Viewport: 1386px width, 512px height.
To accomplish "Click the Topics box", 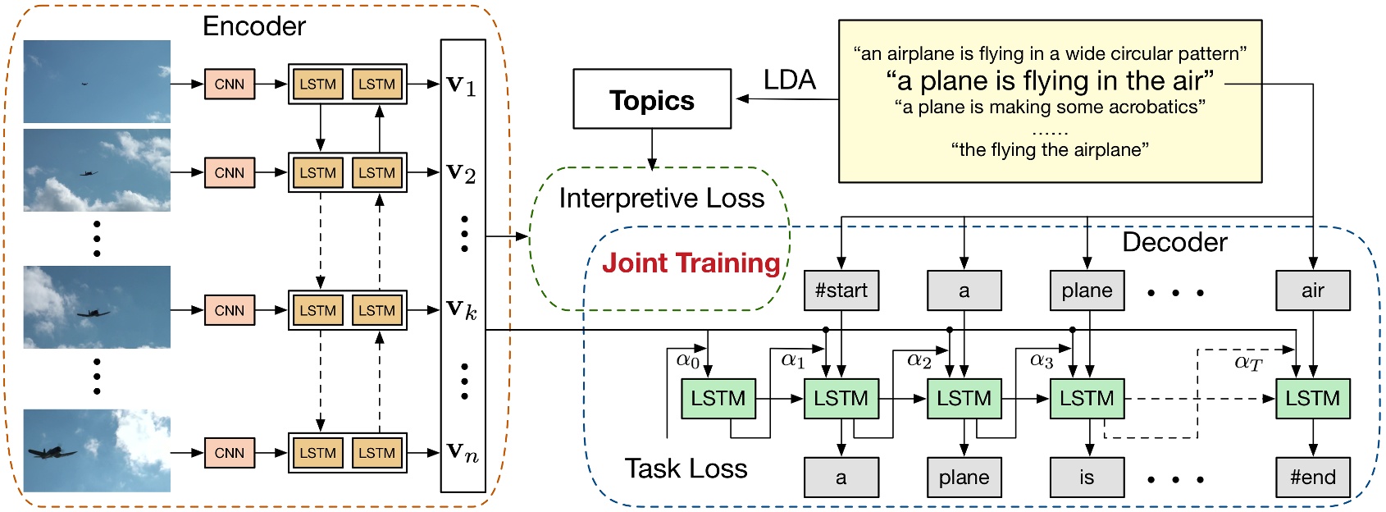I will tap(652, 99).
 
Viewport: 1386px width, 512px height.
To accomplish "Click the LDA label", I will tap(789, 80).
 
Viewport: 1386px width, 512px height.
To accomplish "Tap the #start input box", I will tap(841, 290).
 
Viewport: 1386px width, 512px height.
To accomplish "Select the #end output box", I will tap(1312, 478).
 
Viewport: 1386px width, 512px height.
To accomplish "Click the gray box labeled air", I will tap(1312, 290).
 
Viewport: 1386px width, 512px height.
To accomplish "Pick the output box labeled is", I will tap(1087, 478).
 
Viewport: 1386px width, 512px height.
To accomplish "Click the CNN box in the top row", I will tap(230, 84).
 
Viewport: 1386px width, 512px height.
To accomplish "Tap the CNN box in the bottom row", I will tap(230, 452).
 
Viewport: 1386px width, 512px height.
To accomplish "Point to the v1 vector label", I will tap(461, 85).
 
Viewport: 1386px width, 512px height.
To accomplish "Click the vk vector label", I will tap(461, 309).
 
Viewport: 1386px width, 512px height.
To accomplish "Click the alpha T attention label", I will tap(1247, 362).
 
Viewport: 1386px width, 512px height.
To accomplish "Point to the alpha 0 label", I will tap(687, 359).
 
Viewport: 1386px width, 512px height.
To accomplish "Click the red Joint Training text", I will tap(691, 263).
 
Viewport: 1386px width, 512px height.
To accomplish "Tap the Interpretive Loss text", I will tap(661, 198).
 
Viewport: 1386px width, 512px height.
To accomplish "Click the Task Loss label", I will tap(686, 469).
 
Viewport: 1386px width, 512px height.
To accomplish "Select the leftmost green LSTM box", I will tap(718, 399).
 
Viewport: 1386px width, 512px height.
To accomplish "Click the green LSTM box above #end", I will tap(1312, 399).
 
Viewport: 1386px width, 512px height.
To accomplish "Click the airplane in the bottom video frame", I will tap(51, 452).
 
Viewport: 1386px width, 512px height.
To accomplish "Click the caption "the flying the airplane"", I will tap(1050, 149).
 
